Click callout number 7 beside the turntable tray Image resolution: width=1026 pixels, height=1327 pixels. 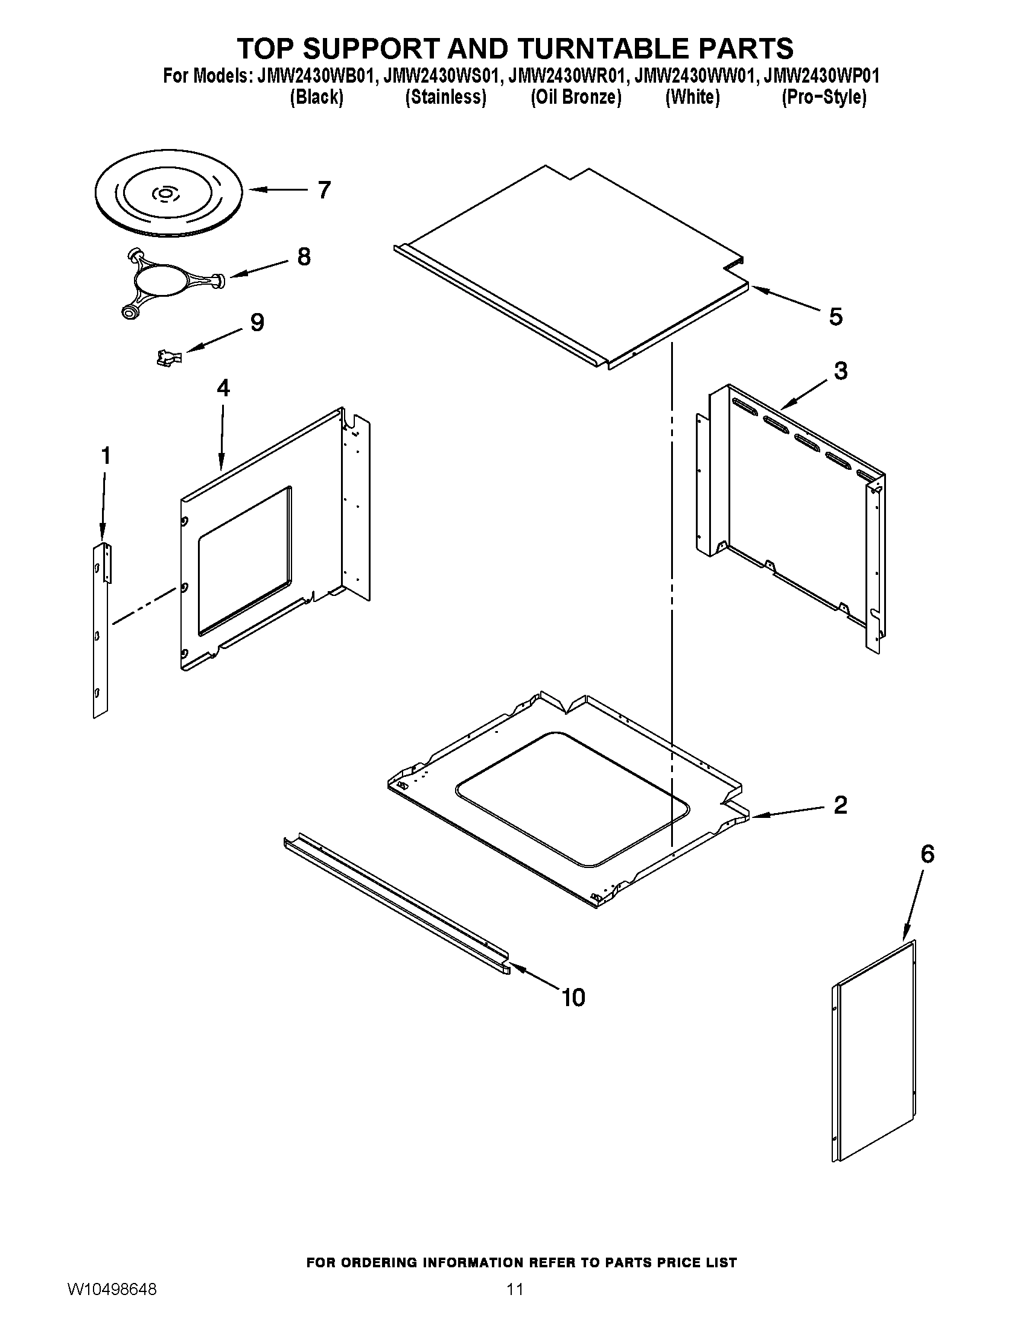click(324, 190)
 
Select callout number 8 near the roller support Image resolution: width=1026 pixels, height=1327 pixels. click(304, 257)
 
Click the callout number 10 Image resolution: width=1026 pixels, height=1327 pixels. click(573, 998)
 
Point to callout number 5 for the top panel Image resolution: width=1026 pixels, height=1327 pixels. click(836, 317)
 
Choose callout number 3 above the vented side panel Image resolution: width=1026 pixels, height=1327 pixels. click(841, 370)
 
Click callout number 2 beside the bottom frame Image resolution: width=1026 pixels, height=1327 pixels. click(840, 805)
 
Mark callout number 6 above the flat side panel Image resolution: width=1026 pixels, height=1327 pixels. click(927, 854)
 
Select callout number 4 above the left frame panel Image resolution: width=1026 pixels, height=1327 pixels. click(223, 388)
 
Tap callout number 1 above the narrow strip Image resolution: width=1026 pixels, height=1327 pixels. click(106, 455)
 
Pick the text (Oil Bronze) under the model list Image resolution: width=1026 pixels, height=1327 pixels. click(576, 97)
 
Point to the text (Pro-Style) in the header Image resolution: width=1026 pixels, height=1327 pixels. click(824, 97)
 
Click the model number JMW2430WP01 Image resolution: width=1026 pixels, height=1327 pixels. click(822, 76)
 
